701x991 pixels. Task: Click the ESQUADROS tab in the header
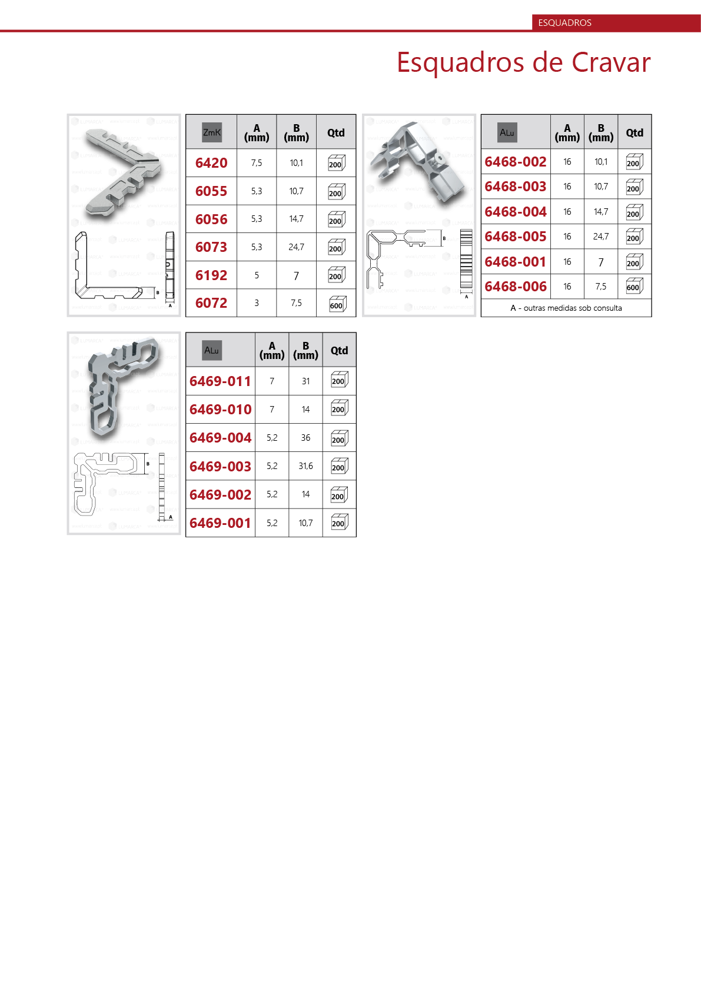click(564, 22)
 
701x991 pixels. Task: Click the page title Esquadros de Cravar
click(523, 62)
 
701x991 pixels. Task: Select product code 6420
click(211, 163)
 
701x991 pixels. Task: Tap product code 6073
click(211, 247)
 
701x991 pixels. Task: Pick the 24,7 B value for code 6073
click(296, 247)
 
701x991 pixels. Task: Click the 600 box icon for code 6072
click(337, 304)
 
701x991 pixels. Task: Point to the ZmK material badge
click(212, 132)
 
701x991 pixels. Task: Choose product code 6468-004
click(516, 212)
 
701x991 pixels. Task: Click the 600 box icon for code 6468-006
click(634, 287)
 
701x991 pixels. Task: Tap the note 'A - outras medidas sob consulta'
click(566, 308)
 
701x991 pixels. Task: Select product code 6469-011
click(220, 381)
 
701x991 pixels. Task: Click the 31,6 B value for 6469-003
click(305, 466)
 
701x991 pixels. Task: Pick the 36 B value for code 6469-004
click(305, 438)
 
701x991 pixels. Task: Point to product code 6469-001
click(220, 523)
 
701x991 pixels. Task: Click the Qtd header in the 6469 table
click(339, 350)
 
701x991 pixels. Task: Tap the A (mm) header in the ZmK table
click(257, 132)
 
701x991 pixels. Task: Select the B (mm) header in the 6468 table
click(601, 132)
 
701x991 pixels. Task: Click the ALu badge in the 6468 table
click(507, 132)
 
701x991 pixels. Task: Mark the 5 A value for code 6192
click(257, 275)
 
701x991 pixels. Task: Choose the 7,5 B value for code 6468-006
click(601, 287)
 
